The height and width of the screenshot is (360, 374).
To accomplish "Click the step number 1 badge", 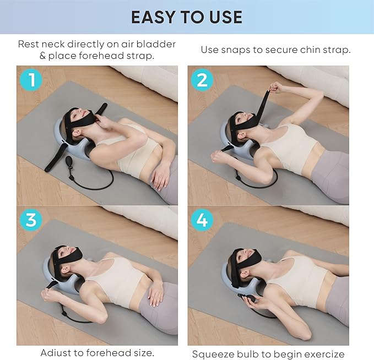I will (31, 80).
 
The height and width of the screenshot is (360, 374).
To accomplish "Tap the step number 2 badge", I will (202, 80).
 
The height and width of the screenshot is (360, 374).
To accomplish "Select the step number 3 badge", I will (31, 221).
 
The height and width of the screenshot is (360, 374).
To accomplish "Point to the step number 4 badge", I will (202, 221).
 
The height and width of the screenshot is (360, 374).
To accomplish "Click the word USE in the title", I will (224, 17).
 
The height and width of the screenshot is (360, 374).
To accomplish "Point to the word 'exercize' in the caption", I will (326, 354).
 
